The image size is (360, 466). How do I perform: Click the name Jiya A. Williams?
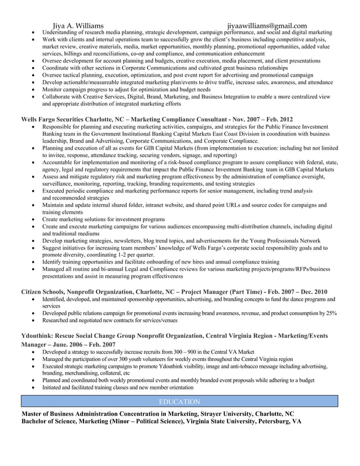pyautogui.click(x=78, y=25)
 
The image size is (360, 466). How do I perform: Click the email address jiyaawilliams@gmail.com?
pyautogui.click(x=267, y=25)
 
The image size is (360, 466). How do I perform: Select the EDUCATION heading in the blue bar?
pyautogui.click(x=179, y=402)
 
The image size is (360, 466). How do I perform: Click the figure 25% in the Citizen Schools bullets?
pyautogui.click(x=331, y=313)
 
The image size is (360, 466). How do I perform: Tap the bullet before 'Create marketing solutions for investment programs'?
pyautogui.click(x=35, y=219)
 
